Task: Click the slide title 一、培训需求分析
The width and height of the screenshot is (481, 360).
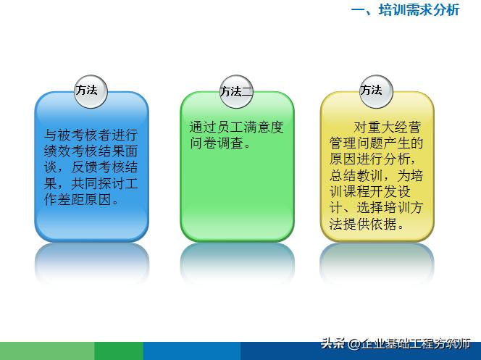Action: (405, 10)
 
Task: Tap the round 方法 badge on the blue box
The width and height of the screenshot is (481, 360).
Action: (91, 91)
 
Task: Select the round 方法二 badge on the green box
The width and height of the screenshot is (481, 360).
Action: (237, 91)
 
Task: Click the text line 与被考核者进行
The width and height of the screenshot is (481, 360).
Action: (91, 134)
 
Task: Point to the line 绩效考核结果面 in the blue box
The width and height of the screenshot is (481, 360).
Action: (91, 151)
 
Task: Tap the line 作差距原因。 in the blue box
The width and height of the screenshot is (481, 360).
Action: (80, 200)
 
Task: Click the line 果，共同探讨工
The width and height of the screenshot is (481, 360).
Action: (91, 183)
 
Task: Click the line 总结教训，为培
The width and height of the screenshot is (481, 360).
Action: (376, 175)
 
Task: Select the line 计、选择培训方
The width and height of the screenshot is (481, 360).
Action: (376, 208)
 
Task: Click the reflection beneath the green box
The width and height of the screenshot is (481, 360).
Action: (237, 261)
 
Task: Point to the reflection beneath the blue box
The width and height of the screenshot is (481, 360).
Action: (91, 261)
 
